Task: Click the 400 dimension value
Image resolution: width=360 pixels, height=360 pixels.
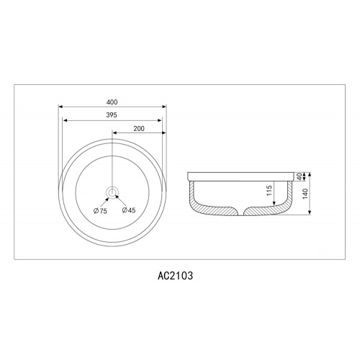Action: [112, 102]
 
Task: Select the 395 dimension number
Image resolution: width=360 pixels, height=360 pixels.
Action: [112, 115]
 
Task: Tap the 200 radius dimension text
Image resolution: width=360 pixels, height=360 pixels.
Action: [139, 129]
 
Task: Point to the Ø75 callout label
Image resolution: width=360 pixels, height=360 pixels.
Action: [100, 211]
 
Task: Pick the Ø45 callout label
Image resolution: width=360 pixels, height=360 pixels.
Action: [129, 210]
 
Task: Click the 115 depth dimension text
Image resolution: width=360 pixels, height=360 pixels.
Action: [269, 190]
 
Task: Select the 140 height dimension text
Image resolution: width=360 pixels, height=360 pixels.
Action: [305, 194]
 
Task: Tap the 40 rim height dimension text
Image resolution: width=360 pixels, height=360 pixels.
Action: [299, 177]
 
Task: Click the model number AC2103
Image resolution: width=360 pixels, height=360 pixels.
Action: [175, 276]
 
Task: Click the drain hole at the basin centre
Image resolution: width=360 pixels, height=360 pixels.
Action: [112, 192]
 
